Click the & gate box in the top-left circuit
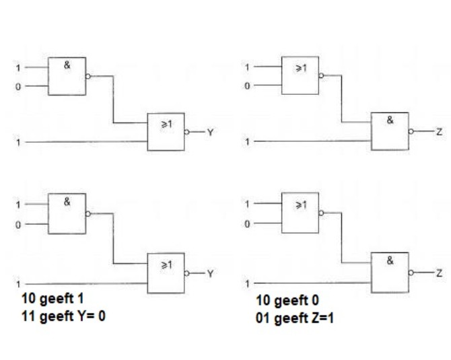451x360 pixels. coord(66,76)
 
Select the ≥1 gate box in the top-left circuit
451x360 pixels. coord(166,132)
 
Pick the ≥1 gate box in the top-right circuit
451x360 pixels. coord(300,76)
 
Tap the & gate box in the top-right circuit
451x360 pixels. coord(390,132)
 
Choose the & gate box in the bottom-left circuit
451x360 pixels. coord(66,214)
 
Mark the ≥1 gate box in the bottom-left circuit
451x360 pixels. coord(166,272)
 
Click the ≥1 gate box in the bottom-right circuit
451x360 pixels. coord(300,214)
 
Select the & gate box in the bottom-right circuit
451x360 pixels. coord(390,271)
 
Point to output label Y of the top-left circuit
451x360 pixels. coord(210,133)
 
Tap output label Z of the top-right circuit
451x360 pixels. coord(439,133)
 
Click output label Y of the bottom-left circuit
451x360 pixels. coord(210,273)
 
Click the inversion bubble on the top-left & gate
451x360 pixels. coord(88,76)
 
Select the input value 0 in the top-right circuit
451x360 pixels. coord(247,86)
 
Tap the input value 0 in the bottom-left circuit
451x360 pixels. coord(19,224)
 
